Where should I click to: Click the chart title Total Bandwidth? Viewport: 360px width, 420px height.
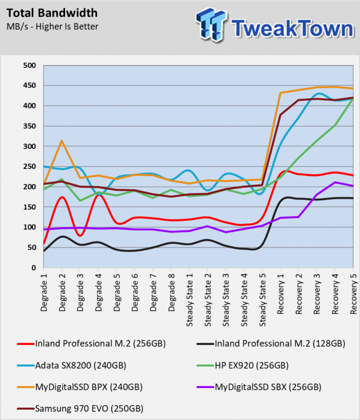[52, 13]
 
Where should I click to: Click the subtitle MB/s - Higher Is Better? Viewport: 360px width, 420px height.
[52, 27]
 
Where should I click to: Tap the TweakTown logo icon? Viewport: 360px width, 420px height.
[211, 24]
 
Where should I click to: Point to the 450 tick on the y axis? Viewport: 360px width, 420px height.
[30, 85]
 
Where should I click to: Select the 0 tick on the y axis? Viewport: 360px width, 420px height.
[34, 268]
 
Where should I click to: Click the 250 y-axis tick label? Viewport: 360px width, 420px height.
[30, 166]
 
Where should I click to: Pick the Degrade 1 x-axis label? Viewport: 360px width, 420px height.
[44, 292]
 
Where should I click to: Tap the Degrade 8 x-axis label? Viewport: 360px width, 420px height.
[171, 292]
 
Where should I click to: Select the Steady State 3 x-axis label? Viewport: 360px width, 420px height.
[226, 300]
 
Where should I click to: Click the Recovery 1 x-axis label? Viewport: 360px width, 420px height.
[280, 294]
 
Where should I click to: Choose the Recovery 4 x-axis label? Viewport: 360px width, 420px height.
[335, 294]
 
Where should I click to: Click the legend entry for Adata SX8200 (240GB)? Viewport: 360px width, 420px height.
[71, 365]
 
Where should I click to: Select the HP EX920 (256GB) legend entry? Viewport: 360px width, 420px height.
[243, 365]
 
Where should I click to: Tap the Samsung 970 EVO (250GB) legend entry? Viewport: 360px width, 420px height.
[80, 409]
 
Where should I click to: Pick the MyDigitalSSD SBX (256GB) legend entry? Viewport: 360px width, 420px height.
[259, 387]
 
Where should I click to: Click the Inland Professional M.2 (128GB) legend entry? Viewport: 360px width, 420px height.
[271, 344]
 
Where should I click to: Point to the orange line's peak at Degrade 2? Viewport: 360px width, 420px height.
[62, 141]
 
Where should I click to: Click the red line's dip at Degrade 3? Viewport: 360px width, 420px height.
[80, 235]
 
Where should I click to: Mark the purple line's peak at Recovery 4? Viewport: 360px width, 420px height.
[335, 182]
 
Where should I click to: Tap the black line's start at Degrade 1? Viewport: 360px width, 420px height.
[44, 251]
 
